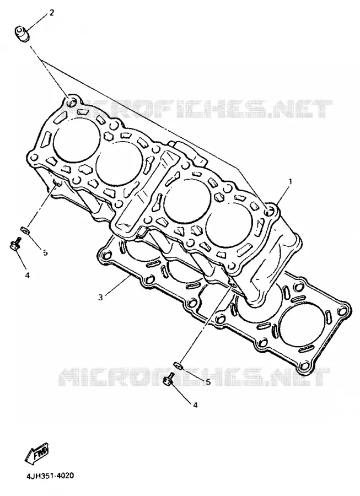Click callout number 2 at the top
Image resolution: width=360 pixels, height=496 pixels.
[52, 13]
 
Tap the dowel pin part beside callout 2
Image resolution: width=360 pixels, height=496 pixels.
[23, 34]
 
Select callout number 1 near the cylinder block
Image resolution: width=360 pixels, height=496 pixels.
[291, 181]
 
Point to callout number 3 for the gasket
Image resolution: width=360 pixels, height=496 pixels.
[100, 297]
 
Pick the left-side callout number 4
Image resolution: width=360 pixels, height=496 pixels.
[27, 275]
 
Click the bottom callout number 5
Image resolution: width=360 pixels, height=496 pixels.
[208, 382]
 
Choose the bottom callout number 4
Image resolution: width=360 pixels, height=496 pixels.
[195, 405]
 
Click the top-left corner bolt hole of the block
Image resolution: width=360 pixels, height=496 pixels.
[73, 101]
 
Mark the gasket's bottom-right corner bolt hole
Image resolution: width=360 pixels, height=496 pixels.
[304, 367]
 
